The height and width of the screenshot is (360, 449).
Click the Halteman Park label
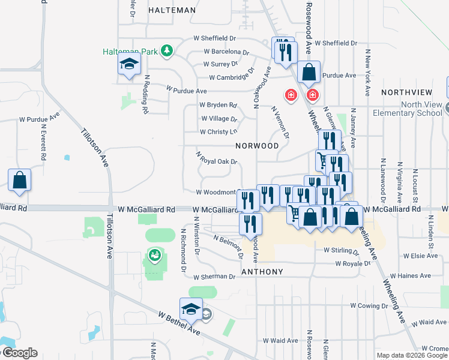130,52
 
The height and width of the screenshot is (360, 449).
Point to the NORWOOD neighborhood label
257,146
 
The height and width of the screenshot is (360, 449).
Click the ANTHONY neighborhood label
262,272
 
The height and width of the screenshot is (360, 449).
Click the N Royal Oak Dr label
217,157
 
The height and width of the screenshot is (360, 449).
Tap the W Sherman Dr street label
214,277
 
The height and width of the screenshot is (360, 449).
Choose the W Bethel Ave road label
179,323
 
